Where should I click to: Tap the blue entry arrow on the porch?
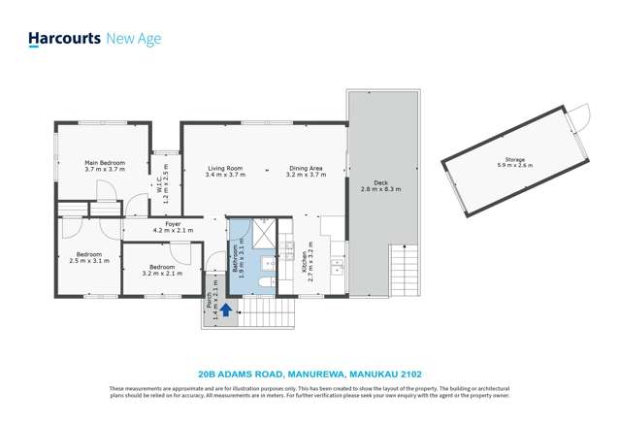click(225, 310)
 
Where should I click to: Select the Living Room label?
click(224, 172)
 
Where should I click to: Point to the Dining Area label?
click(306, 172)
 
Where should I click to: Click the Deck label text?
click(380, 185)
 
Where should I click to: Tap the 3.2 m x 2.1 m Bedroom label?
click(161, 270)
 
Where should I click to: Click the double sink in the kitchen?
click(337, 265)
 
